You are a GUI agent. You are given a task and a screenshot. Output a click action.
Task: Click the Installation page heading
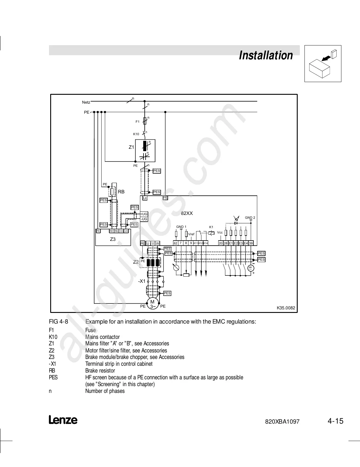pos(266,55)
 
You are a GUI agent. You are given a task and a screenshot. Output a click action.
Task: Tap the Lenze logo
pos(63,420)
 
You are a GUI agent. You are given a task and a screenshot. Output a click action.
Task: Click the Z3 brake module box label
pos(113,239)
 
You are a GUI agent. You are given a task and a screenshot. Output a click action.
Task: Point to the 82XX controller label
pos(187,213)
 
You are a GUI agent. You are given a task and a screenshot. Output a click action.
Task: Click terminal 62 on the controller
pos(175,243)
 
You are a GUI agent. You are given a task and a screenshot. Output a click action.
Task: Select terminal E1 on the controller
pos(231,243)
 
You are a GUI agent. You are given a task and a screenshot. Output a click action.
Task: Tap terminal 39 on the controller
pos(251,243)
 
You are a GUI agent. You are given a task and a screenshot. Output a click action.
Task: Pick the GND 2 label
pos(250,218)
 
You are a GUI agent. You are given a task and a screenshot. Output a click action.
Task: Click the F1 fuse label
pos(137,122)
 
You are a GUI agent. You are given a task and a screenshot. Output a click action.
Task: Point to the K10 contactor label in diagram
pos(136,134)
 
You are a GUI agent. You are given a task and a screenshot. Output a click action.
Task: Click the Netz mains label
pos(86,102)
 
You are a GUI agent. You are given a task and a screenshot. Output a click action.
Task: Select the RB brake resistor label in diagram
pos(121,192)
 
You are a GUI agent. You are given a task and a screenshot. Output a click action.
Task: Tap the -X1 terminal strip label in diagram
pos(142,281)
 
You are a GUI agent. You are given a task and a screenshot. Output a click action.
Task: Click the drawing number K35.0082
pos(286,308)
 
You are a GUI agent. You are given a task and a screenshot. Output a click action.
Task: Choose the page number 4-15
pos(335,421)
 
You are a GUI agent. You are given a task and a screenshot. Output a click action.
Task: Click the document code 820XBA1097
pos(282,422)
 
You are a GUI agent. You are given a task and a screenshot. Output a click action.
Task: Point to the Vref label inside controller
pos(191,234)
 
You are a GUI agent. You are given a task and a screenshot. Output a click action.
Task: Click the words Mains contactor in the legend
pos(102,337)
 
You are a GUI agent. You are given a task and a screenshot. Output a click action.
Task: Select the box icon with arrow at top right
pos(323,63)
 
